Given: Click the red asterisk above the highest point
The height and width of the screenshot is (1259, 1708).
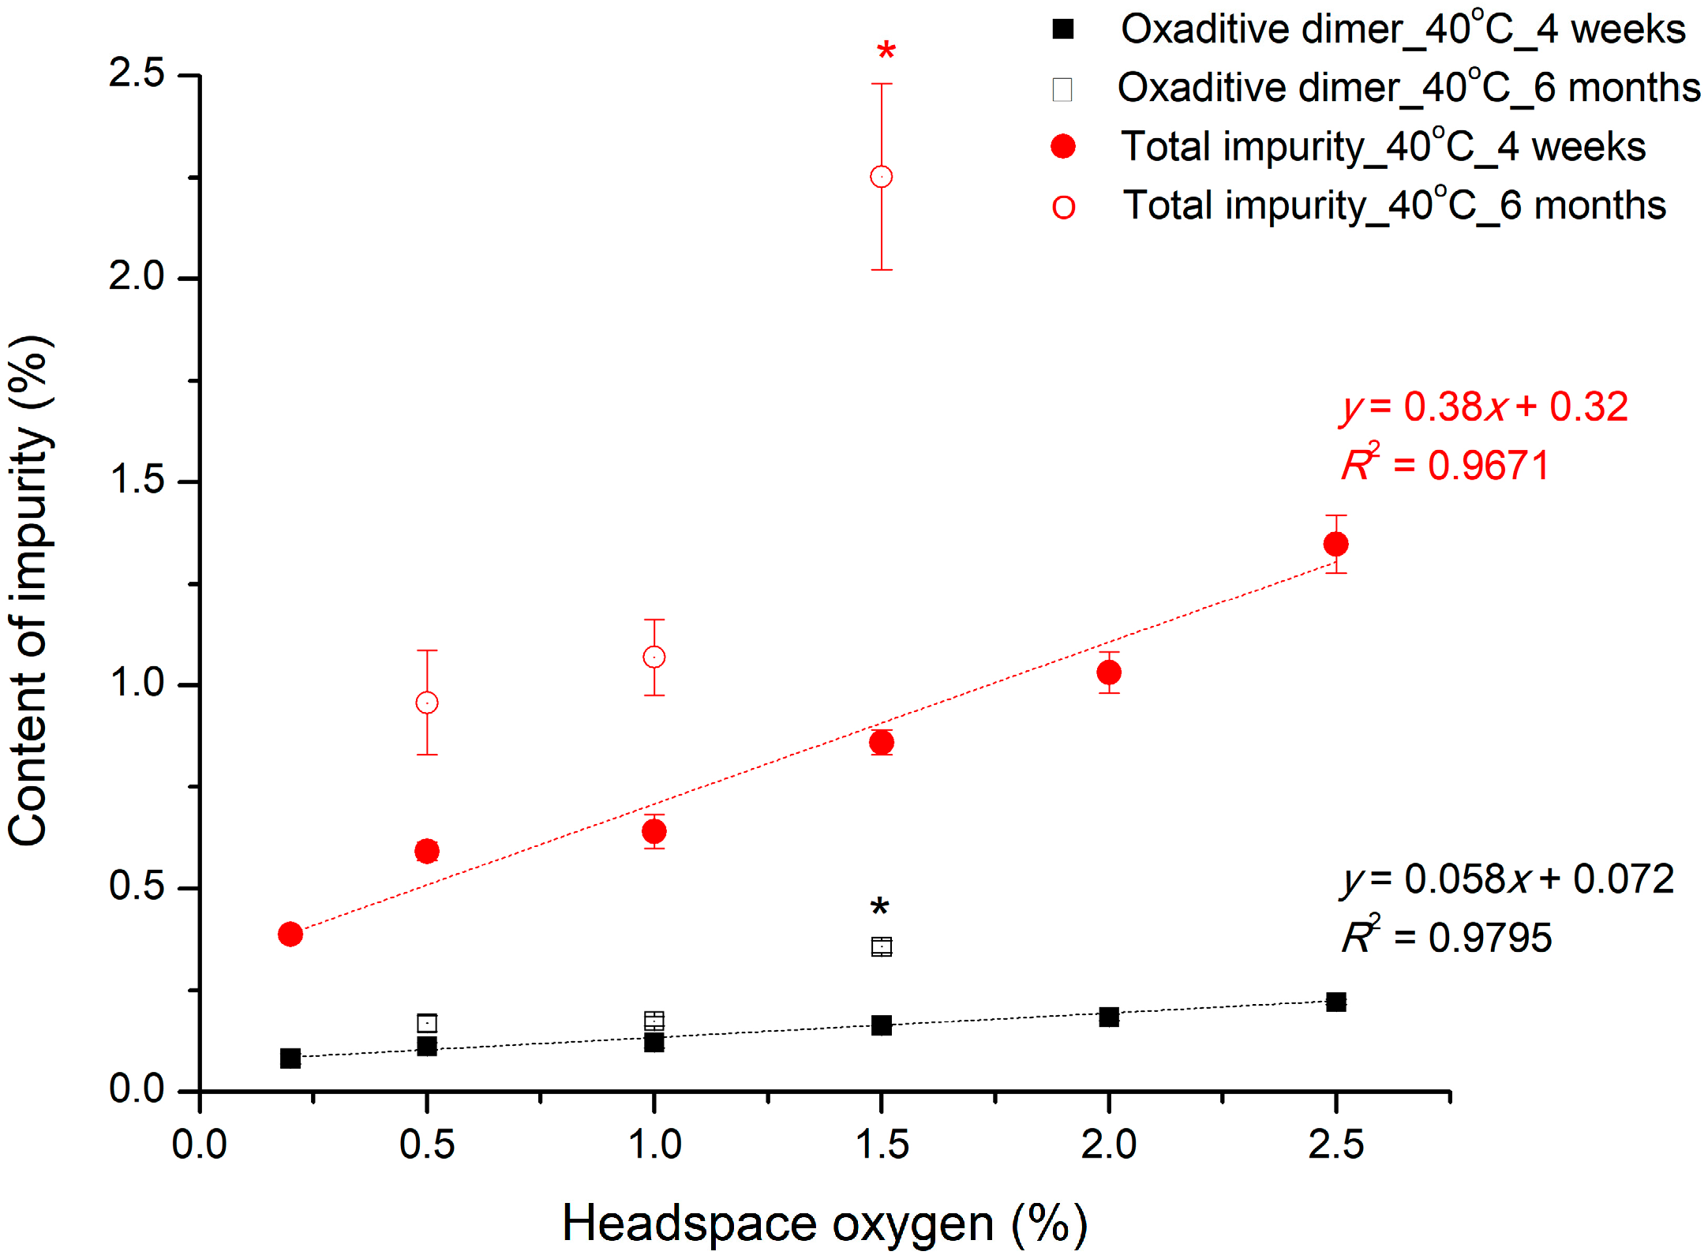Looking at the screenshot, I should coord(886,52).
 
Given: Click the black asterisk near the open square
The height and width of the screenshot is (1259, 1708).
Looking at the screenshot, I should coord(879,908).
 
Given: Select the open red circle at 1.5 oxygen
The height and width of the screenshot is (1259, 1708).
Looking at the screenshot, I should coord(882,177).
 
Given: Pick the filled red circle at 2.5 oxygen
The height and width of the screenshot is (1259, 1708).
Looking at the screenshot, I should coord(1335,544).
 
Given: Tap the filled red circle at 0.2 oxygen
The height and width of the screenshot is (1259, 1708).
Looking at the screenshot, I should coord(290,935).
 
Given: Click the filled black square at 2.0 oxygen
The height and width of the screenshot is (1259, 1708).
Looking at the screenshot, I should coord(1109,1017).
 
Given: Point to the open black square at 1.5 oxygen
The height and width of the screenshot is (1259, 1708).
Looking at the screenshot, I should coord(882,946).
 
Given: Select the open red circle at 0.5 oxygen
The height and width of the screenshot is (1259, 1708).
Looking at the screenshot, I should coord(427,703).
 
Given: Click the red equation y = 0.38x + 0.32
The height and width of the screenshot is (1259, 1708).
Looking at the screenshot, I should coord(1484,407).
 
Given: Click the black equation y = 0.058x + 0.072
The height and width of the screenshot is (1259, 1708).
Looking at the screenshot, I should coord(1507,879).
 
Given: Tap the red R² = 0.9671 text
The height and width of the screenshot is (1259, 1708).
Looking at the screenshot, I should coord(1446,465).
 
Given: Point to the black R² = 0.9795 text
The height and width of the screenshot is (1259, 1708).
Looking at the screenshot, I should coord(1447,938).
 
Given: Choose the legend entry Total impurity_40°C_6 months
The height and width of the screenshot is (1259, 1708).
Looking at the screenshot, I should coord(1394,206).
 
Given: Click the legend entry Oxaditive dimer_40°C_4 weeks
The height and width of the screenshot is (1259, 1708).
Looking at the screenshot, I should coord(1403,30).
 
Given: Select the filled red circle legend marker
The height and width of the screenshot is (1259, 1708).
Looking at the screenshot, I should coord(1063,147).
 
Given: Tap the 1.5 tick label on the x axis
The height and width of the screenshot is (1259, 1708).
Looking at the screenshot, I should coord(882,1145).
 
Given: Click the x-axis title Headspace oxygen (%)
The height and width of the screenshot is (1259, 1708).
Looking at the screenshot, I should coord(825,1224).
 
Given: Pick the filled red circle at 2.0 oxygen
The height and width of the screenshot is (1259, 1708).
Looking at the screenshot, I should coord(1109,673).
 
